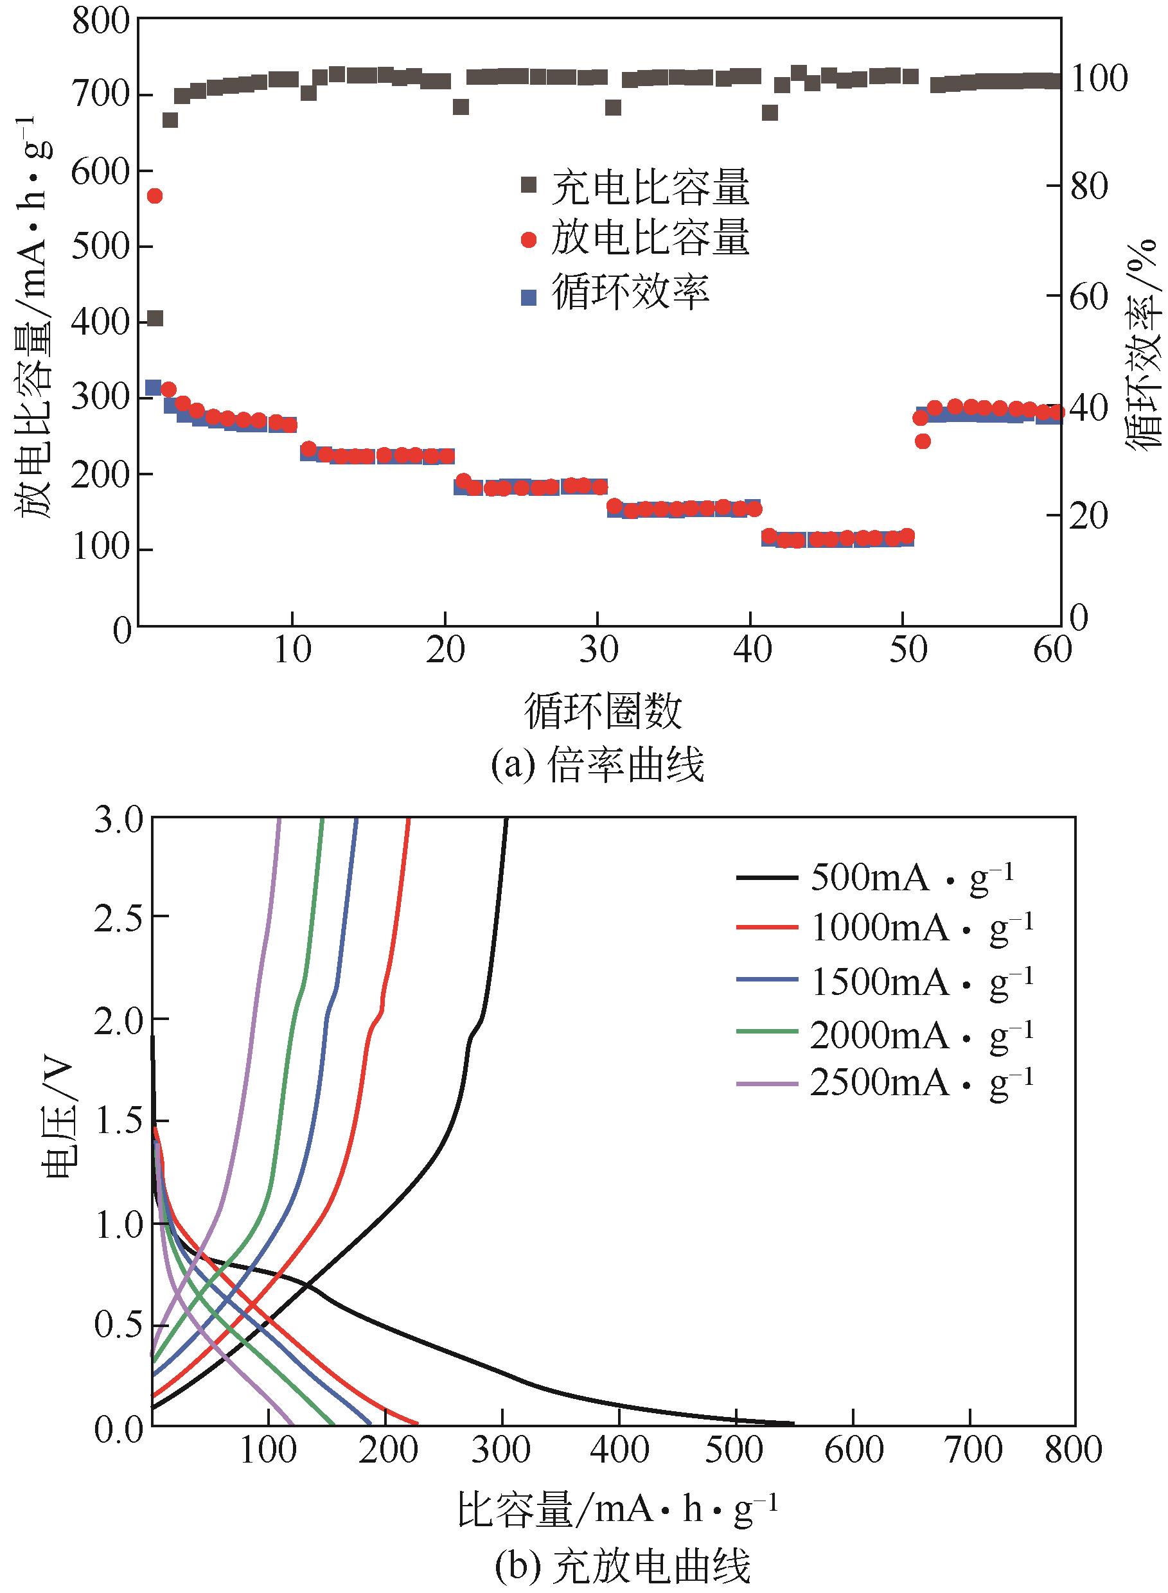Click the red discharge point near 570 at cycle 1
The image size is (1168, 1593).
[x=155, y=196]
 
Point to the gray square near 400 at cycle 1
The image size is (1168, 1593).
[x=155, y=319]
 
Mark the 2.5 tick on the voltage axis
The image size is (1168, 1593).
[x=118, y=917]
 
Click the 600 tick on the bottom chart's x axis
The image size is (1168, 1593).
[x=853, y=1448]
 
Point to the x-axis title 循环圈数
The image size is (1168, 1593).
[x=603, y=710]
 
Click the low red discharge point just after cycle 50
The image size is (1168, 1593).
[x=923, y=442]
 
